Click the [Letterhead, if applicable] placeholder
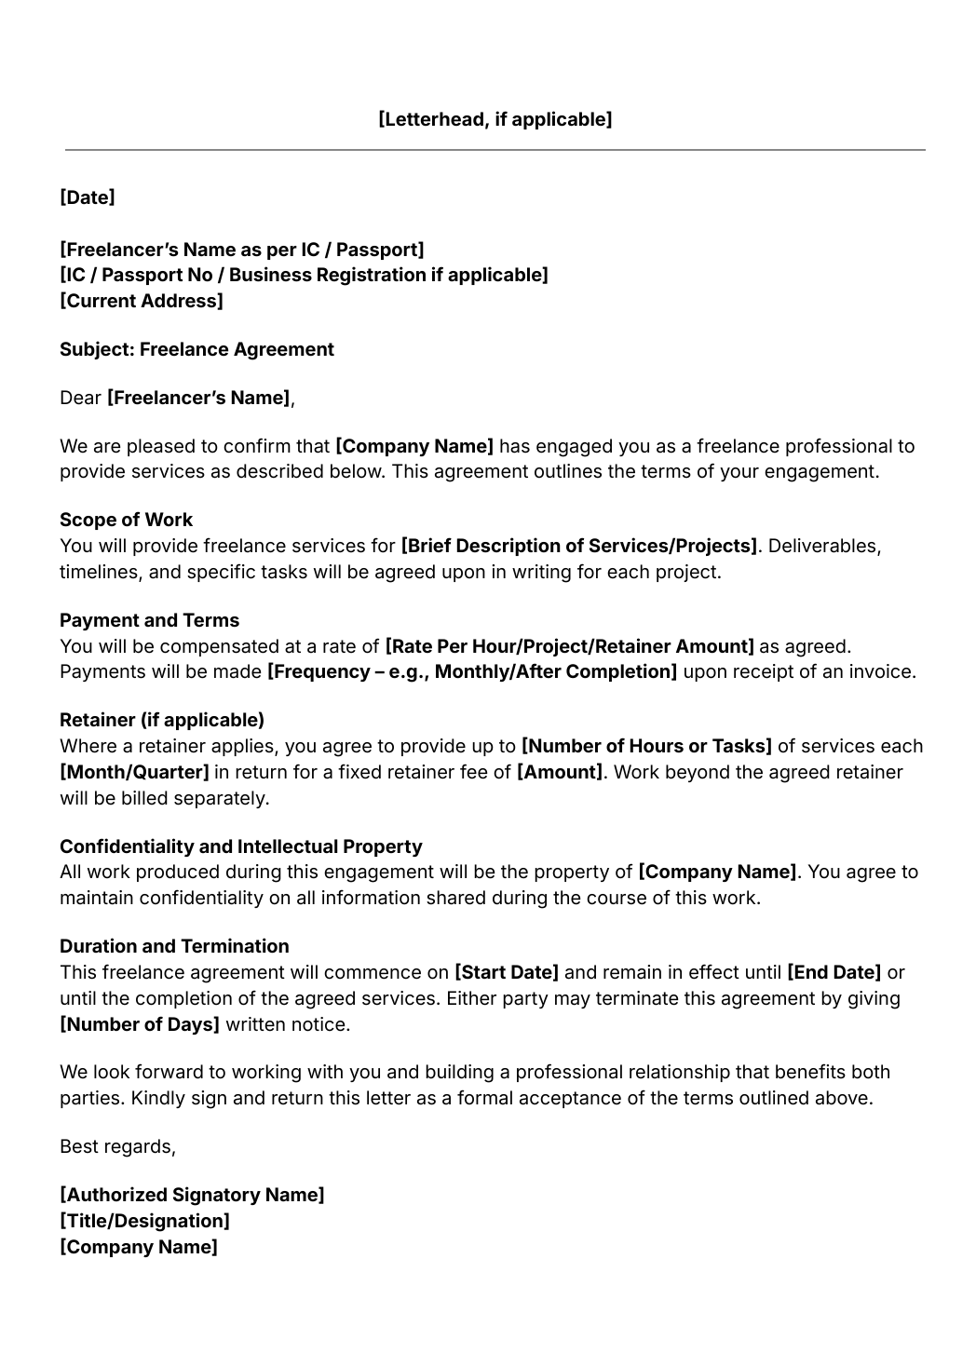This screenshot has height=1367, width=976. (x=495, y=119)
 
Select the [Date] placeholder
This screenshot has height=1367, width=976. (x=88, y=197)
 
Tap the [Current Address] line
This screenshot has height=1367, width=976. (x=142, y=301)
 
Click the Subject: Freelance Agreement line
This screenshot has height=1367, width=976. (x=197, y=349)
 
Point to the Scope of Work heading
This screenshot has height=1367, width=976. (x=126, y=520)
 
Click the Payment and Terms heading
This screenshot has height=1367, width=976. (x=149, y=620)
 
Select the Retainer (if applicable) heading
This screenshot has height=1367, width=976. (x=162, y=720)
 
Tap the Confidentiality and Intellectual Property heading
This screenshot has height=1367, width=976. (x=240, y=846)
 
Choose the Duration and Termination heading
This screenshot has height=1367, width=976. (x=174, y=946)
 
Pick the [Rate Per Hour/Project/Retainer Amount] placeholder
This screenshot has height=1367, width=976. (x=569, y=646)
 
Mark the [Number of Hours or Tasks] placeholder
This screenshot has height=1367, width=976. (x=646, y=746)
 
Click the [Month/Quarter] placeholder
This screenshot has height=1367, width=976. (x=134, y=772)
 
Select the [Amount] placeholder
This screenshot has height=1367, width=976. (x=560, y=772)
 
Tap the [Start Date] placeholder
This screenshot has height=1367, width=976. (x=506, y=972)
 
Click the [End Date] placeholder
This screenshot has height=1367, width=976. (x=834, y=972)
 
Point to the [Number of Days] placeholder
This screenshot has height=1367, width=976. (x=140, y=1024)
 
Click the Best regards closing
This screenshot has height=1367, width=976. (x=117, y=1146)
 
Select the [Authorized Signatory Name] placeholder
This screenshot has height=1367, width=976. (x=192, y=1195)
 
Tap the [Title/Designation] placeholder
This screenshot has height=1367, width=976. (x=144, y=1221)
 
